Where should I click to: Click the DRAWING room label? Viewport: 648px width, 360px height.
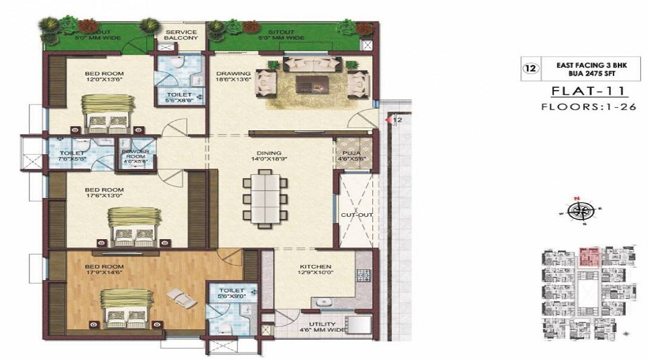tap(233, 73)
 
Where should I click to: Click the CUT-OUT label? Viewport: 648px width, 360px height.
tap(352, 215)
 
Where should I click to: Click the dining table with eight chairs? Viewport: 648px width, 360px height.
tap(264, 200)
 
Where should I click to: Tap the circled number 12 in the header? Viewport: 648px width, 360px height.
tap(531, 69)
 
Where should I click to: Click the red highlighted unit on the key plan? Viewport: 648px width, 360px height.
tap(590, 256)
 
